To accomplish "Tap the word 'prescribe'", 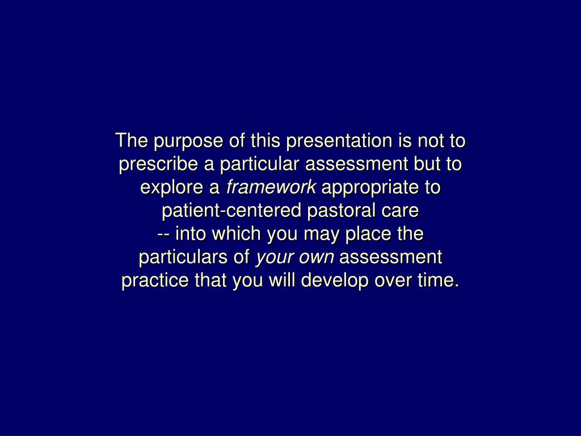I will click(x=159, y=165).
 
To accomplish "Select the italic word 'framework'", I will click(x=271, y=188).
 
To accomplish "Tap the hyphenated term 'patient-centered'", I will click(x=233, y=211).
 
